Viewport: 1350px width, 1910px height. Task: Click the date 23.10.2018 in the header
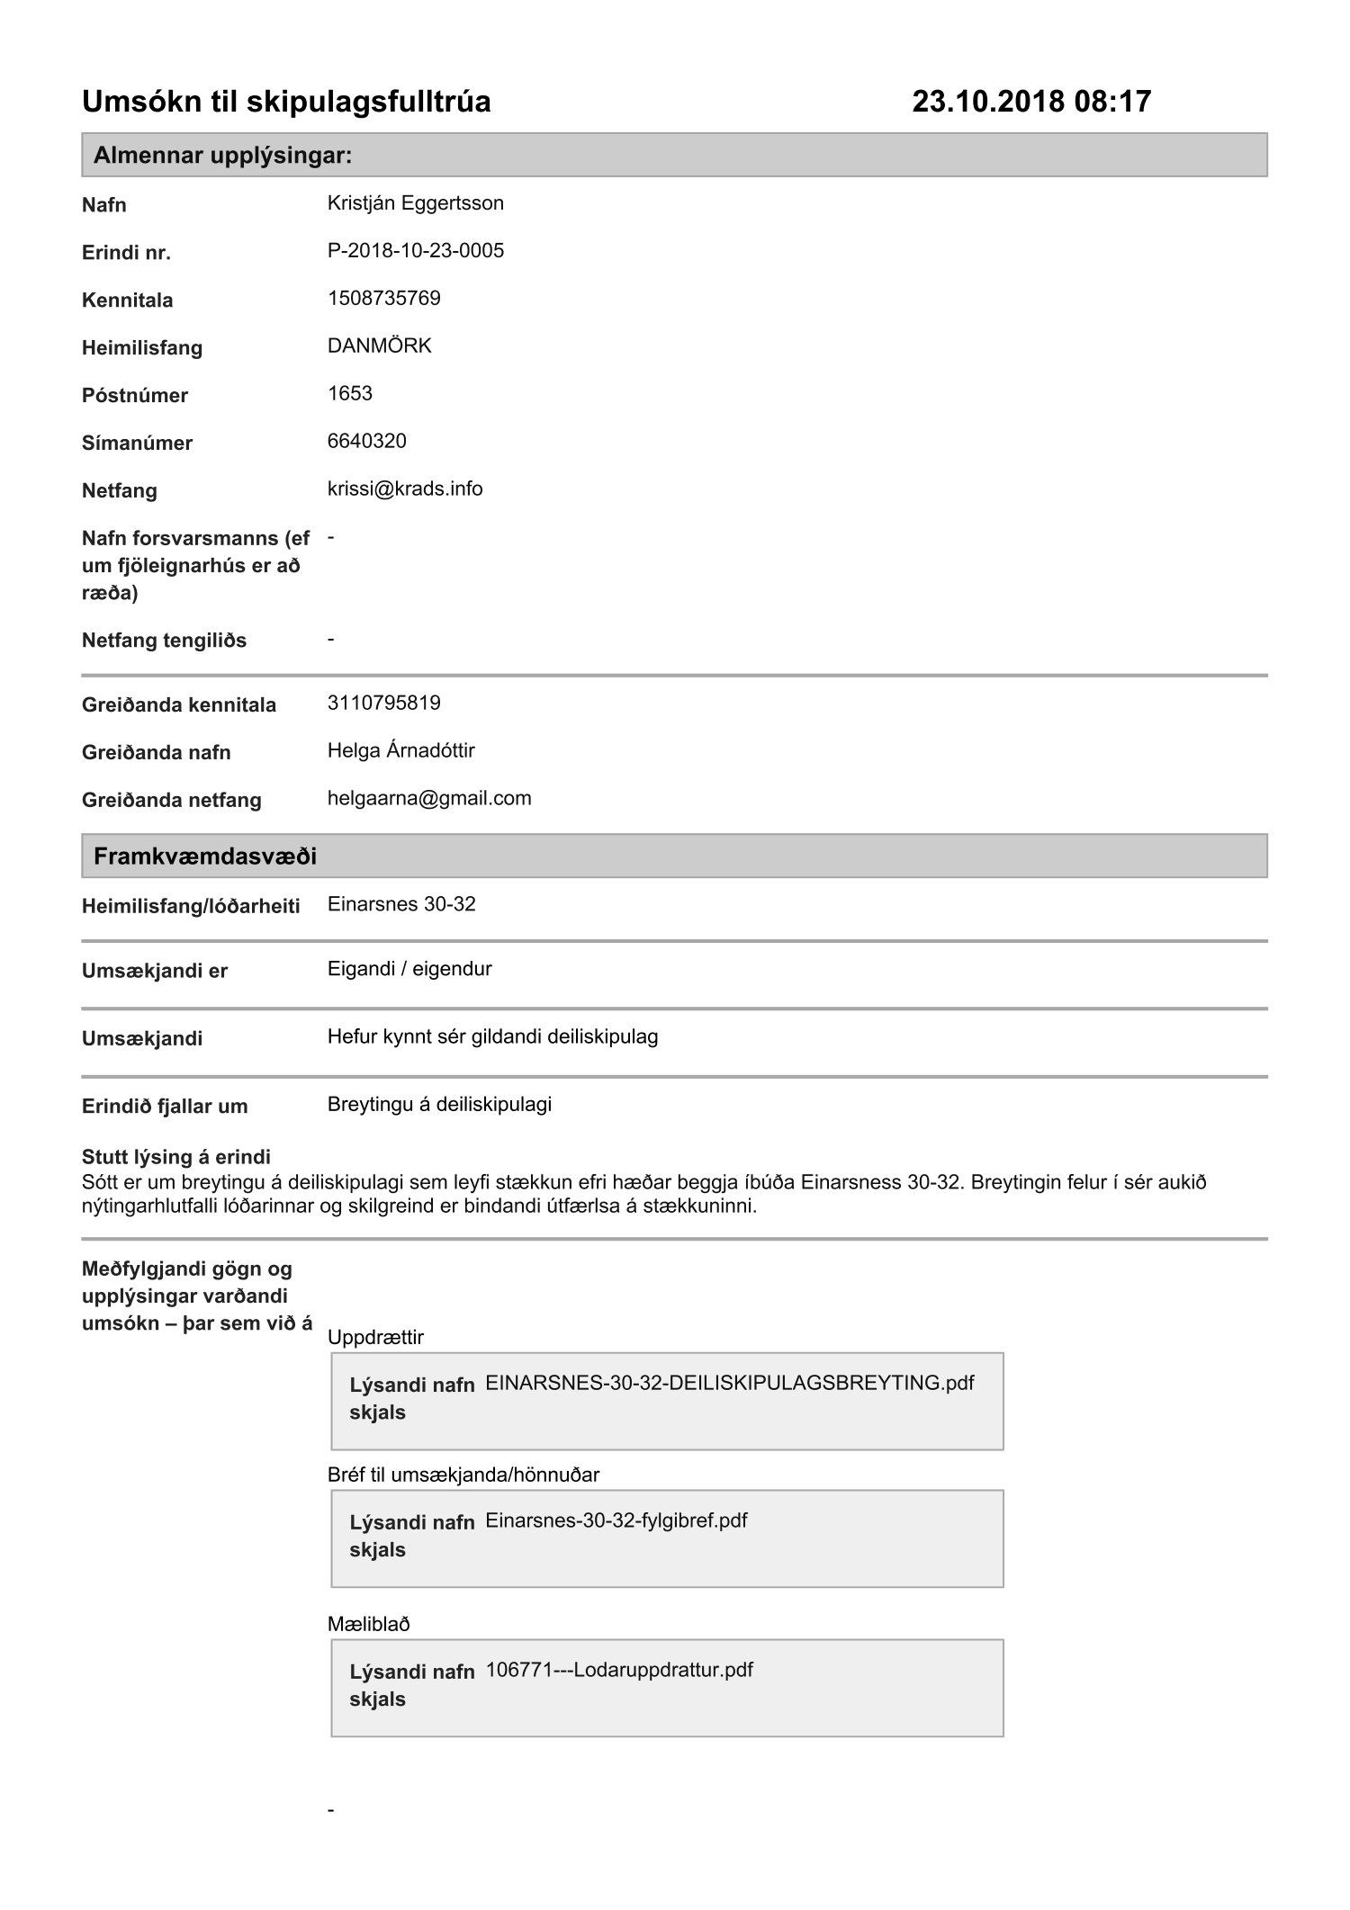click(x=988, y=101)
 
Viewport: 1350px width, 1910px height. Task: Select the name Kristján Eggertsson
click(x=415, y=203)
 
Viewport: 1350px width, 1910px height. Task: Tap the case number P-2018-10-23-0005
click(x=415, y=251)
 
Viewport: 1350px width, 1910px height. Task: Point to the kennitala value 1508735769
click(x=383, y=299)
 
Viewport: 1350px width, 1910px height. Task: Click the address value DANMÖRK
click(x=379, y=346)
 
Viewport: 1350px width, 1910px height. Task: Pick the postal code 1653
click(x=349, y=393)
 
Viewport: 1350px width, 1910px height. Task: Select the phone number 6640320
click(x=366, y=441)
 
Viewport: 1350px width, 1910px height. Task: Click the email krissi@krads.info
click(x=405, y=489)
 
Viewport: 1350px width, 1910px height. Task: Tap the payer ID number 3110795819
click(x=383, y=703)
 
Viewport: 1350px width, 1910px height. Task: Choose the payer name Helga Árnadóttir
click(x=400, y=750)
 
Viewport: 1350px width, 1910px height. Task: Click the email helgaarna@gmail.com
click(x=429, y=798)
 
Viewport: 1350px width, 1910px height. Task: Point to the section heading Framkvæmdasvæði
click(x=205, y=856)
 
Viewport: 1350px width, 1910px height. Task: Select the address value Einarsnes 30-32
click(x=401, y=904)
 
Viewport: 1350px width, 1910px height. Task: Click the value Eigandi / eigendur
click(x=409, y=969)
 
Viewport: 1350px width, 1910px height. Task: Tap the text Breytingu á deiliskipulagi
click(x=439, y=1104)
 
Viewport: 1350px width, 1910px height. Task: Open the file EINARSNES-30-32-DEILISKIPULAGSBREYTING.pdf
click(x=729, y=1383)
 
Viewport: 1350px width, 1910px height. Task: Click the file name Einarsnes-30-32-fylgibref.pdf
click(x=616, y=1520)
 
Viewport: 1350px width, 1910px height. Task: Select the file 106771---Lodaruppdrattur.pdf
click(x=619, y=1670)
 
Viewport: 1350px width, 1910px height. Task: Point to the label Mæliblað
click(x=368, y=1624)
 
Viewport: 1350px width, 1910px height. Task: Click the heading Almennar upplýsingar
click(x=222, y=156)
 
